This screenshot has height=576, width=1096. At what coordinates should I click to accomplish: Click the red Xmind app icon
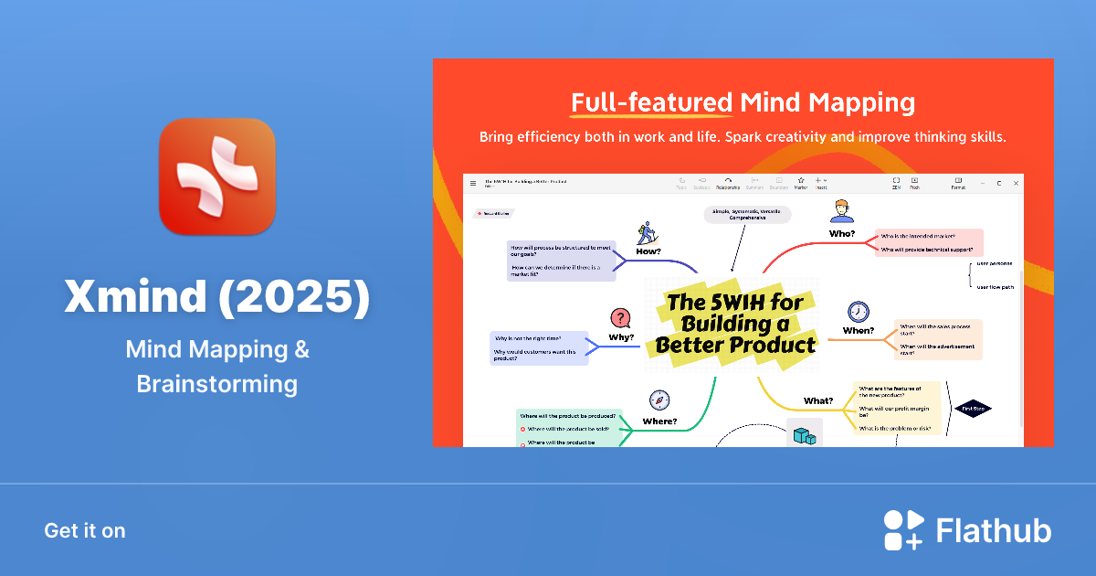click(x=216, y=176)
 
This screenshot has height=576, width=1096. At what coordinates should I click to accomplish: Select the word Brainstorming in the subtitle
click(x=216, y=384)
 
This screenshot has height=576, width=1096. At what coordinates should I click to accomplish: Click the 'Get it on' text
click(x=85, y=530)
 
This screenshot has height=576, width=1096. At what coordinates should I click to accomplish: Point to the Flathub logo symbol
click(x=903, y=530)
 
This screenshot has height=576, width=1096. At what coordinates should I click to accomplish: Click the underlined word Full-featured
click(x=651, y=101)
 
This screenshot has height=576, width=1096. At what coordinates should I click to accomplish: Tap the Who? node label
click(x=841, y=234)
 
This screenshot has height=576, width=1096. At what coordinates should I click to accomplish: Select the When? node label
click(x=858, y=331)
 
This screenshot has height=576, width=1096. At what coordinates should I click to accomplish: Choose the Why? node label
click(x=621, y=336)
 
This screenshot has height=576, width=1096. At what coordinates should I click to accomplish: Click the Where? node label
click(x=659, y=421)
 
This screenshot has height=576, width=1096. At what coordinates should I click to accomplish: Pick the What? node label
click(x=817, y=400)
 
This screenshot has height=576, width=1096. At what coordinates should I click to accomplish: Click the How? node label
click(x=648, y=250)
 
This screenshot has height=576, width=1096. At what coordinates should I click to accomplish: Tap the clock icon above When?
click(x=858, y=311)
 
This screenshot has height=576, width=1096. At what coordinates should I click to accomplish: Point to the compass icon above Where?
click(x=659, y=400)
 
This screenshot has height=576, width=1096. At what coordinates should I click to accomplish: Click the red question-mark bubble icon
click(x=621, y=317)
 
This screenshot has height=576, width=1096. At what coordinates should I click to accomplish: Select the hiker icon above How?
click(x=648, y=230)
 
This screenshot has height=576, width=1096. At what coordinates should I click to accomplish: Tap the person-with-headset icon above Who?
click(x=841, y=212)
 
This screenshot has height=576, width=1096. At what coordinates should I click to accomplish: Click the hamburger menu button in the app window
click(x=473, y=183)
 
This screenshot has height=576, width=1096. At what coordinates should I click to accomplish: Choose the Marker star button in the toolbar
click(x=800, y=181)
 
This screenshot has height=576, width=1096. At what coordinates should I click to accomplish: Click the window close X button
click(x=1016, y=183)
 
